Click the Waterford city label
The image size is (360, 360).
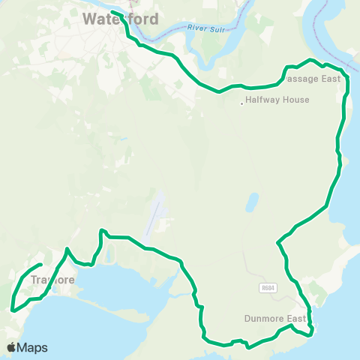(120, 19)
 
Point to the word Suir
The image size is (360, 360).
(218, 28)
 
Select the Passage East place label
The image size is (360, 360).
(313, 79)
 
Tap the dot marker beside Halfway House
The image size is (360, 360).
(241, 103)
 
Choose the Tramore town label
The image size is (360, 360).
(53, 280)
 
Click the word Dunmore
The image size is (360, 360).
(265, 318)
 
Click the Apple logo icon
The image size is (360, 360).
(11, 347)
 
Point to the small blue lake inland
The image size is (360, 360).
(252, 202)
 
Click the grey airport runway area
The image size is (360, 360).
(155, 214)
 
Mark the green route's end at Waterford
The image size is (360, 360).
(112, 11)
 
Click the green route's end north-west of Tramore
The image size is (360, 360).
(40, 265)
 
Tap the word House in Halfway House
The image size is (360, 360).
(294, 100)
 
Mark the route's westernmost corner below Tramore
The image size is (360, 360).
(13, 308)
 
